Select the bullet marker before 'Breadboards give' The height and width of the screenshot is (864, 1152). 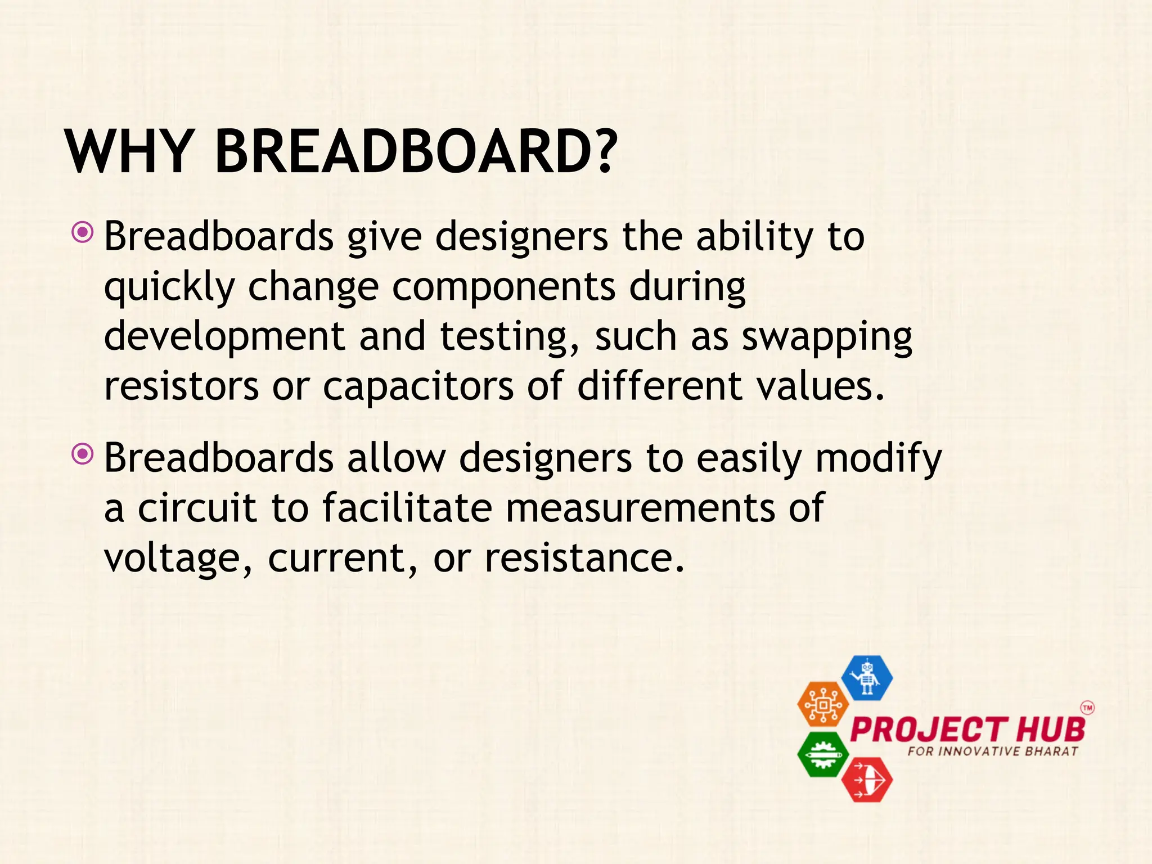pos(83,232)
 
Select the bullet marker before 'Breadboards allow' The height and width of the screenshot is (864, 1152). pos(83,453)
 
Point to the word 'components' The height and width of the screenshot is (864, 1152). pos(503,287)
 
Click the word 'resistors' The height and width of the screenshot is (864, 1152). pos(181,387)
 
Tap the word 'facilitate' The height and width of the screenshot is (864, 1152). pos(407,507)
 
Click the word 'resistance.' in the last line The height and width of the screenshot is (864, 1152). pos(584,558)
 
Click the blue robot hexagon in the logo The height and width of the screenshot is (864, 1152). pos(867,678)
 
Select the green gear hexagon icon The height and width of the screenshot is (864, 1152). pos(823,754)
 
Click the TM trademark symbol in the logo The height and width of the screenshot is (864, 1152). pos(1087,708)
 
